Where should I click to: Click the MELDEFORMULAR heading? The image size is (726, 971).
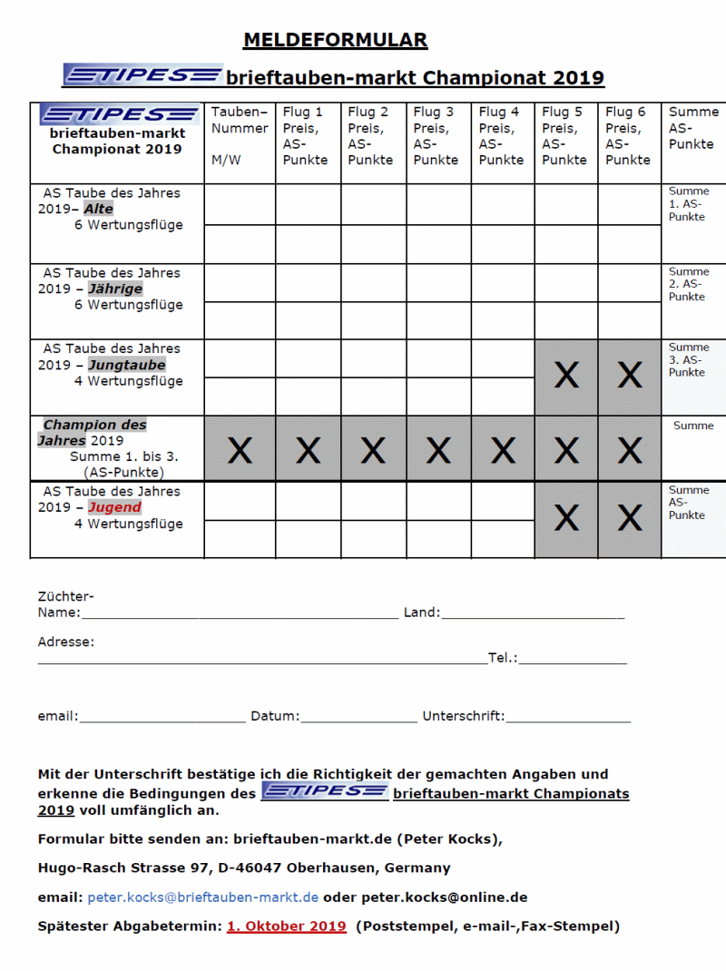coord(335,40)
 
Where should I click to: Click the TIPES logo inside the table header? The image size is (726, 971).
coord(119,114)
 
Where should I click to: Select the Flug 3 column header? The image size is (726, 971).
coord(434,136)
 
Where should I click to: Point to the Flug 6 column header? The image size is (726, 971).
coord(628,136)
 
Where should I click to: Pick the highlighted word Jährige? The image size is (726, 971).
coord(115,289)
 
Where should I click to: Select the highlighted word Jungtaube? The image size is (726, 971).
coord(126,365)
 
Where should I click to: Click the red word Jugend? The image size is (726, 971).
coord(114,507)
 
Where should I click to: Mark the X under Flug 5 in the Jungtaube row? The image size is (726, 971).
coord(566,376)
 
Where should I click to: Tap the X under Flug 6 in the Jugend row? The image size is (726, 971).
coord(630,518)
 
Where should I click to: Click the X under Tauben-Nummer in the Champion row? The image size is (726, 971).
coord(240,450)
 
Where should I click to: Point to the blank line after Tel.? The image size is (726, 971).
coord(573,660)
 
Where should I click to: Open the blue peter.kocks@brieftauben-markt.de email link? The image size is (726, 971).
coord(202,897)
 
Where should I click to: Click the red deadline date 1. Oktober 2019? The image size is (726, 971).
coord(287,927)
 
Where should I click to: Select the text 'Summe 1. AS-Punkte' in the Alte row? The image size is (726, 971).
coord(689,204)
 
